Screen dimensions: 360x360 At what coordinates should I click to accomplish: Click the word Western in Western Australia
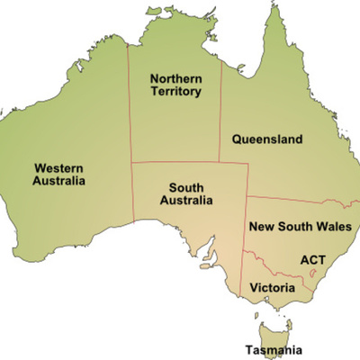[x=60, y=166]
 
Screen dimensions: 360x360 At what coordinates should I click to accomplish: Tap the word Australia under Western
[x=60, y=180]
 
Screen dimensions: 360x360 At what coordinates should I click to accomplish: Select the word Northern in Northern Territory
[x=175, y=78]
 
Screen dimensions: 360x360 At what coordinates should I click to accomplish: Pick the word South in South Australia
[x=190, y=188]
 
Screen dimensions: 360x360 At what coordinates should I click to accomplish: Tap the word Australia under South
[x=190, y=201]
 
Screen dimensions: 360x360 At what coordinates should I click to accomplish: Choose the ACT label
[x=312, y=260]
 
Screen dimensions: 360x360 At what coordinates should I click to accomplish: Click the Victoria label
[x=271, y=287]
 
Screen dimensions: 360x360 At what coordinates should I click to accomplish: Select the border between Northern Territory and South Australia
[x=180, y=163]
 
